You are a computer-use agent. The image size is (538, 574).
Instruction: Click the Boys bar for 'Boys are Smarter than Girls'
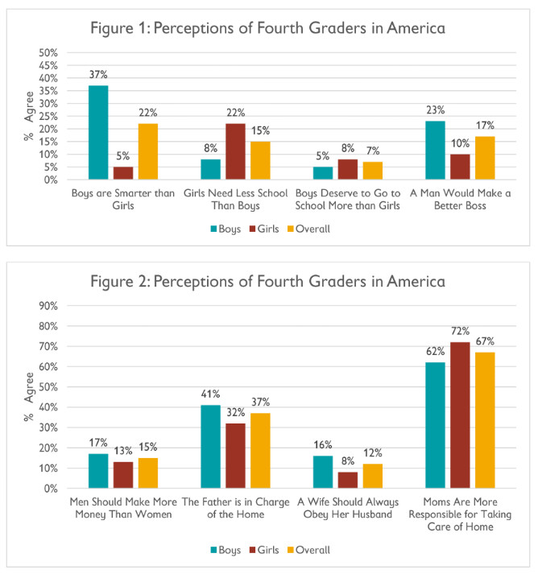point(98,133)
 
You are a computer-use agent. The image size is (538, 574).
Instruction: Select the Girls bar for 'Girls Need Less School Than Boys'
point(235,151)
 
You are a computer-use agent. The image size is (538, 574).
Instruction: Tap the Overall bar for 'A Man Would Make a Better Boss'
point(485,158)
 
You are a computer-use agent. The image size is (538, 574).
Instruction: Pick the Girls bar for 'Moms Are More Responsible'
point(460,415)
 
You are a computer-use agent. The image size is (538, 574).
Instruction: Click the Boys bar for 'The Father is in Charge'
point(210,447)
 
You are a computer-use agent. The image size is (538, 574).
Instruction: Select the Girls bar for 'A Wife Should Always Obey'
point(348,480)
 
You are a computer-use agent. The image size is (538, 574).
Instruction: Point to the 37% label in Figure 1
point(98,75)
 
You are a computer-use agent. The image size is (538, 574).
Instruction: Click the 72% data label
point(460,332)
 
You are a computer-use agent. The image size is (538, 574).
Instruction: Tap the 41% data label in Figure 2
point(210,394)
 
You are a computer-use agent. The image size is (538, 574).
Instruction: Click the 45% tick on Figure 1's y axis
point(48,66)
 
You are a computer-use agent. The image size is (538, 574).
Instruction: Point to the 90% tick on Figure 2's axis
point(48,306)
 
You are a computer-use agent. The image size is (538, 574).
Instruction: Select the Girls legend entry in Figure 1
point(264,229)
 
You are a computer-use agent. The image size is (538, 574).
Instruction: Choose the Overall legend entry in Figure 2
point(308,550)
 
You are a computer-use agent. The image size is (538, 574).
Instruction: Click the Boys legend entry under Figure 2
point(226,550)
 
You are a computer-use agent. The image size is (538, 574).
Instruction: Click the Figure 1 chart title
point(267,28)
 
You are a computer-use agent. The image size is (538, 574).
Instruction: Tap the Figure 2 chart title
point(267,282)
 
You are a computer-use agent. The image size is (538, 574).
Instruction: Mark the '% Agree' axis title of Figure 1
point(28,116)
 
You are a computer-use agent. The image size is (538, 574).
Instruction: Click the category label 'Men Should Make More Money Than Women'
point(123,508)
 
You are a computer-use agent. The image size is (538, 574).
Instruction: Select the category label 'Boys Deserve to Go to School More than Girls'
point(348,200)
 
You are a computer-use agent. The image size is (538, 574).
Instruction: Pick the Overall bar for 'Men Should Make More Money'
point(148,473)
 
